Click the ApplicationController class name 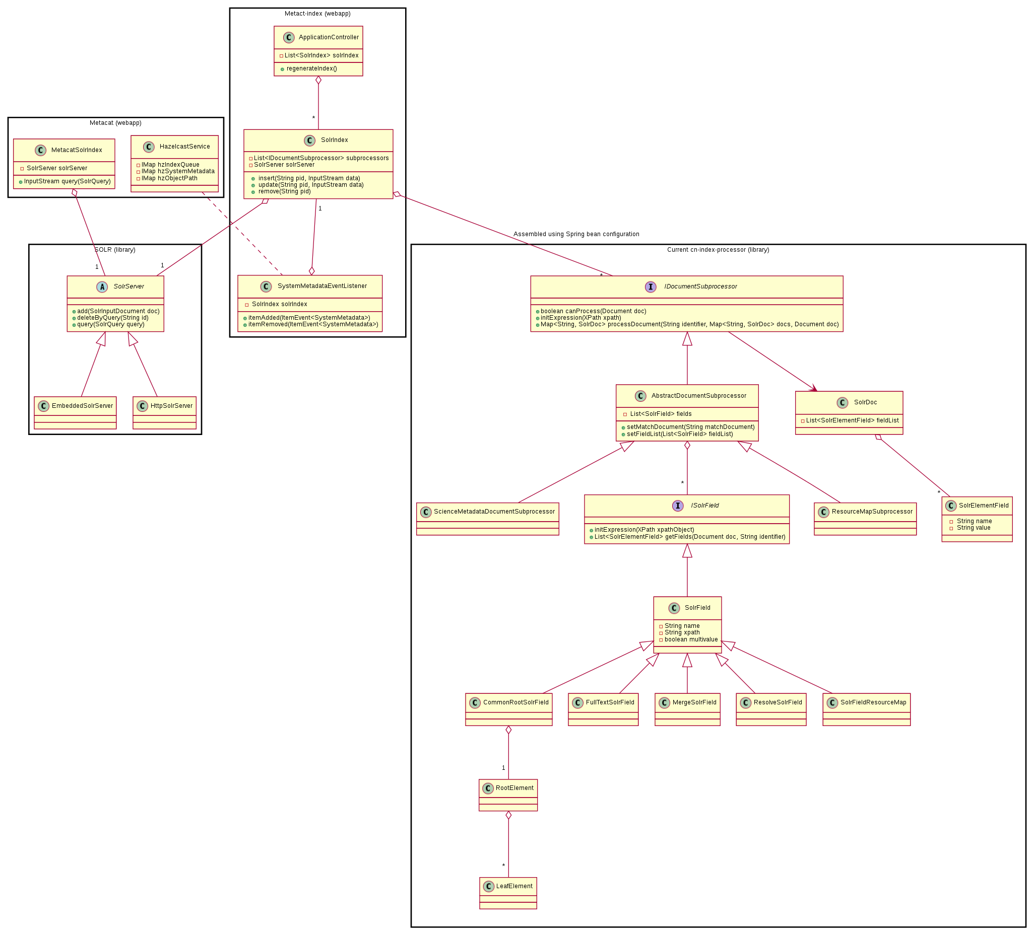pos(328,37)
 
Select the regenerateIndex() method pos(311,68)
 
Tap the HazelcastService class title pos(184,147)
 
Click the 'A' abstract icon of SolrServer pos(102,287)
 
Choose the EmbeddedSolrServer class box pos(76,413)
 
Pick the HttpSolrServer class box pos(164,413)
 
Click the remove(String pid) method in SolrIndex pos(284,192)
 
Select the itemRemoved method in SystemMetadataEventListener pos(313,324)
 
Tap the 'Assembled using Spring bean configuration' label pos(576,234)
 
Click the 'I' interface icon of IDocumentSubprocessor pos(651,287)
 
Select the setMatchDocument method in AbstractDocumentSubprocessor pos(690,427)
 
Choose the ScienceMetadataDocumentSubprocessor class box pos(488,519)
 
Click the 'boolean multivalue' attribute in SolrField pos(691,640)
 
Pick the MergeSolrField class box pos(687,709)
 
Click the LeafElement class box pos(508,893)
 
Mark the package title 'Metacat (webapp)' pos(115,123)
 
